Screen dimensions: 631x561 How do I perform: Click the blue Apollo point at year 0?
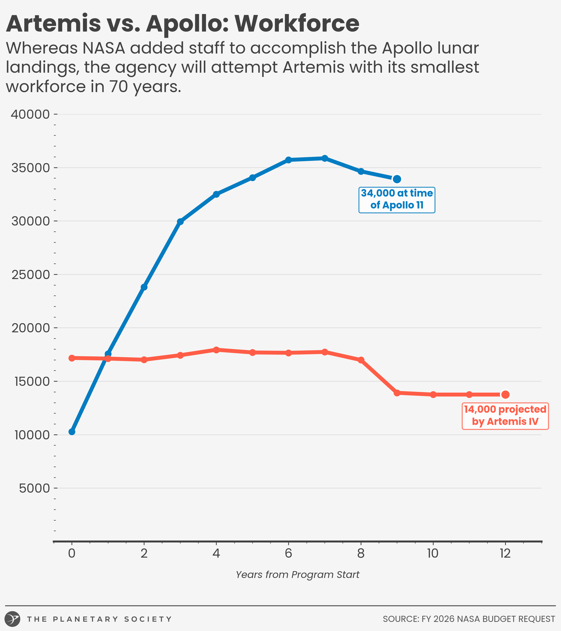(x=72, y=432)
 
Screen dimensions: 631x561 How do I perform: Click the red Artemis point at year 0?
(x=72, y=358)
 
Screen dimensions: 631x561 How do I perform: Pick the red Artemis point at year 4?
(x=216, y=350)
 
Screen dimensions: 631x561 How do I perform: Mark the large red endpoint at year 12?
(x=505, y=394)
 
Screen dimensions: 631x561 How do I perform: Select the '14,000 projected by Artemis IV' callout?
(x=505, y=416)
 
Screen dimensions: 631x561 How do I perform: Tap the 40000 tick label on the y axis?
(x=30, y=115)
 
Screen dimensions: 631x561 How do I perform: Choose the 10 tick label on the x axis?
(x=433, y=553)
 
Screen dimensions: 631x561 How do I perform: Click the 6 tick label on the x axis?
(x=288, y=553)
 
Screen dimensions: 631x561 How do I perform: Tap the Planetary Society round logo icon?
(x=12, y=619)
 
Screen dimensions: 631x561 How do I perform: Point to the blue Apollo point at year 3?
(x=180, y=222)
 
